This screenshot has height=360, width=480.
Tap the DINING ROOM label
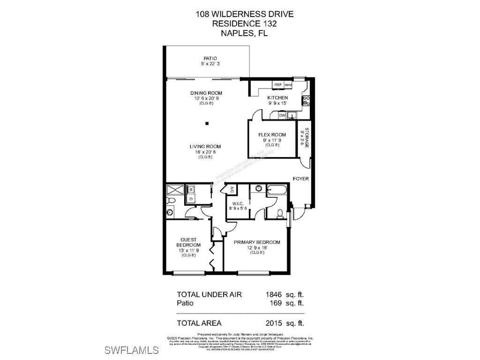(x=206, y=93)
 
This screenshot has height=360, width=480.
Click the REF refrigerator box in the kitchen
(x=278, y=85)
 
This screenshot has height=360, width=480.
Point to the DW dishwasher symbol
(x=282, y=115)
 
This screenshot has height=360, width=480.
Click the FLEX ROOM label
(x=272, y=135)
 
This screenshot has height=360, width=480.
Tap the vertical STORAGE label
(x=307, y=138)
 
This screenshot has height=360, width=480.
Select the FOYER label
(x=300, y=179)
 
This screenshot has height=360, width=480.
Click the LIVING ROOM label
(x=205, y=147)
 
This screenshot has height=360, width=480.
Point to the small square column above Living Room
(x=207, y=124)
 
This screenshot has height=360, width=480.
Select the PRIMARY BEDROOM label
(x=257, y=242)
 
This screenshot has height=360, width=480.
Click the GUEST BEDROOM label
(x=188, y=242)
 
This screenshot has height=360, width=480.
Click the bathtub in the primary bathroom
(x=277, y=190)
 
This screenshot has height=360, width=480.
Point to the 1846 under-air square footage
(x=273, y=294)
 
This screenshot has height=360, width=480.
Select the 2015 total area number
(x=273, y=323)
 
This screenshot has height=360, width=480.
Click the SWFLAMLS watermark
(x=132, y=350)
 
